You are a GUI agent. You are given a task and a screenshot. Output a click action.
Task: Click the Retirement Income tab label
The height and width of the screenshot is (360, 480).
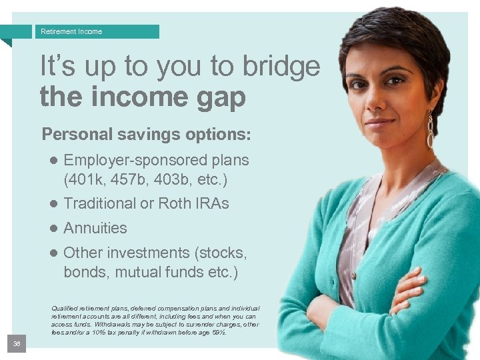pos(71,31)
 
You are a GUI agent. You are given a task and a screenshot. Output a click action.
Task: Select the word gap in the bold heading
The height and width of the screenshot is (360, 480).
pos(217,97)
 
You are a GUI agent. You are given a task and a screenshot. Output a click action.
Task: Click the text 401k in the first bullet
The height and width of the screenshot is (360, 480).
pos(87,179)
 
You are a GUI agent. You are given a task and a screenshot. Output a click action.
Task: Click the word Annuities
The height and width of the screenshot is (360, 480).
pos(95,228)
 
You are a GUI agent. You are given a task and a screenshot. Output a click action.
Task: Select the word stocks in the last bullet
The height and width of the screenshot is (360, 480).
pos(221,253)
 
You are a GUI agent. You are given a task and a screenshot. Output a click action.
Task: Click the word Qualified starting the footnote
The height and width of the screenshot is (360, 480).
pos(65,308)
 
